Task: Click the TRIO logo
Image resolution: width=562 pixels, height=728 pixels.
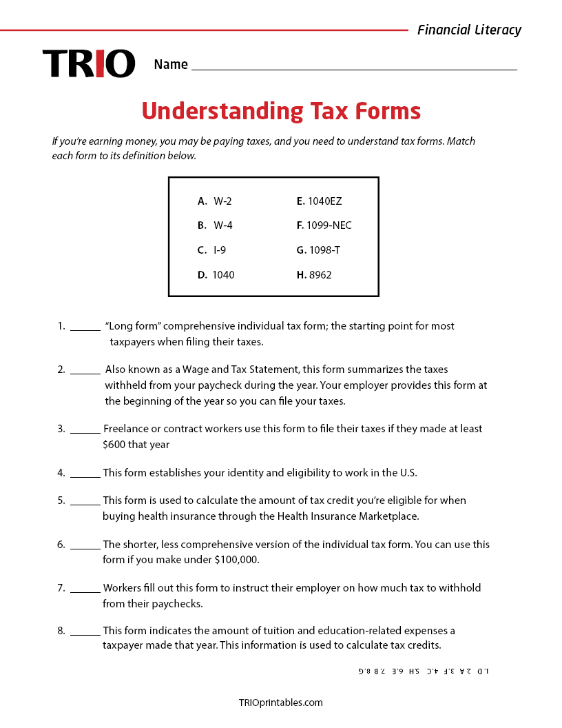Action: point(89,63)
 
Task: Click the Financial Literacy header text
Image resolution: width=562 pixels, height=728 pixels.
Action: point(469,30)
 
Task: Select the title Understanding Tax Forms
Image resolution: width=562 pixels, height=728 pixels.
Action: point(281,111)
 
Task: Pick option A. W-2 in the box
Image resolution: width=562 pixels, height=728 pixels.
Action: point(214,201)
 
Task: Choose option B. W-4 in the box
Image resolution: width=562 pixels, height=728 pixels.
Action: point(214,225)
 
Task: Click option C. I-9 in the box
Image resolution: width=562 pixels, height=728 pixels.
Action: point(211,250)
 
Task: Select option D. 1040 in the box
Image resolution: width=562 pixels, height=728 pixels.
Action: point(216,275)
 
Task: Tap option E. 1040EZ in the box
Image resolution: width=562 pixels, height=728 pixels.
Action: point(319,201)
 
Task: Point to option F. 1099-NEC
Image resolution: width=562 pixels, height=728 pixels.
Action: point(324,225)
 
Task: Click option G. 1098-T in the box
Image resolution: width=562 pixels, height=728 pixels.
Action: point(318,250)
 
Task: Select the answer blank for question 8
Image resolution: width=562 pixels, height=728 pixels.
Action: point(85,634)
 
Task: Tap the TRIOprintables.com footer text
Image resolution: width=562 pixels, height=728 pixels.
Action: point(280,703)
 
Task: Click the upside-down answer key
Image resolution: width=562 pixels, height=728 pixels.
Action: point(424,671)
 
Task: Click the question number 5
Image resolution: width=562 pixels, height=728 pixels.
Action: point(61,501)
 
